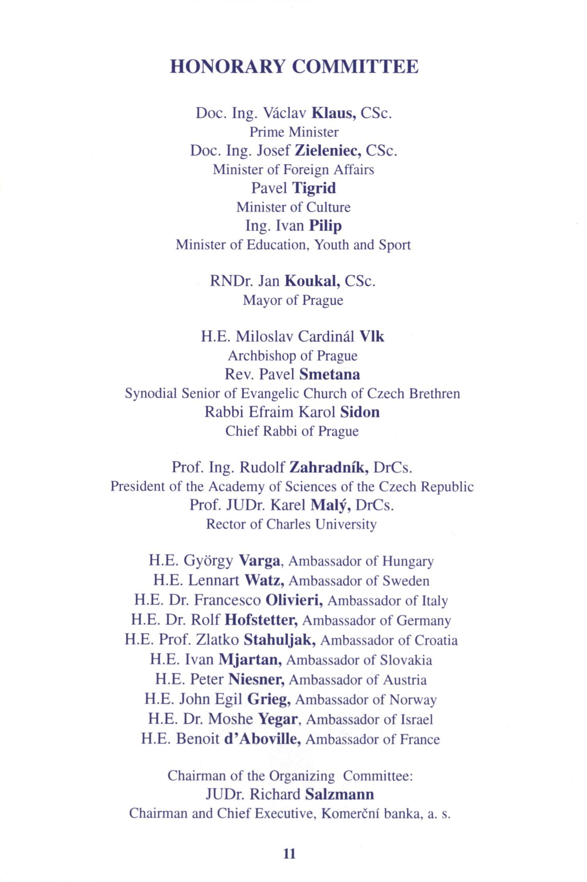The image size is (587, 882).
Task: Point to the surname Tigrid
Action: [314, 188]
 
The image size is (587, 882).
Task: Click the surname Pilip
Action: [325, 226]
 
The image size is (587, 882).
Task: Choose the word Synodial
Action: [151, 394]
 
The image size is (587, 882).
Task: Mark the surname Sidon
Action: [360, 412]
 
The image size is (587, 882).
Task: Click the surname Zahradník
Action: [329, 468]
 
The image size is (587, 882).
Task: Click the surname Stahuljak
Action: [280, 640]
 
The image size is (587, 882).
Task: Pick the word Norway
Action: [413, 700]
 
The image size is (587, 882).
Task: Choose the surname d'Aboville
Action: [263, 739]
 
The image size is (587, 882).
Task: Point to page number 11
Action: [289, 854]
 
